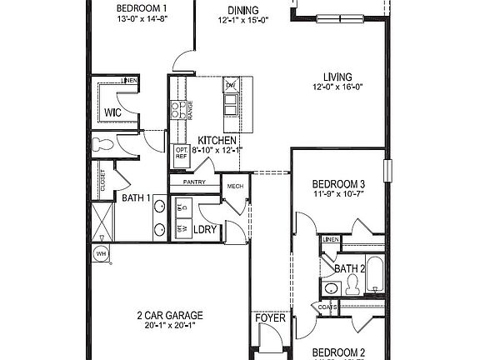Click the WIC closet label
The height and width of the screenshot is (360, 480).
(x=114, y=112)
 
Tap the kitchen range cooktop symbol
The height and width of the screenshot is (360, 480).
(x=177, y=108)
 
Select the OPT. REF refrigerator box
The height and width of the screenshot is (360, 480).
(x=181, y=153)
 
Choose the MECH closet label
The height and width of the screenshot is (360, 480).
(x=234, y=187)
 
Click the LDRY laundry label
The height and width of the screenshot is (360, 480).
(x=205, y=229)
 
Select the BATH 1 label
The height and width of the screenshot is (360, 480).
(x=136, y=198)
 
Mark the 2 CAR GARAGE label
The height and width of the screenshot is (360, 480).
(x=169, y=315)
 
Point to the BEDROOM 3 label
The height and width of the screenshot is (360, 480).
(x=338, y=184)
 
